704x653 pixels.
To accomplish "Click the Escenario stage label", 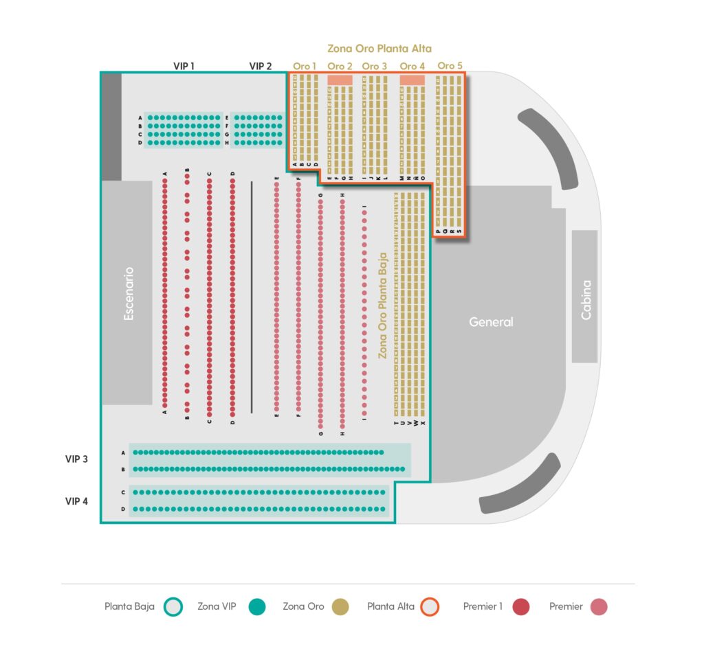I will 129,293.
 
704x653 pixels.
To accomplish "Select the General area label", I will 491,321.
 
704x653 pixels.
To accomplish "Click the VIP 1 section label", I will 184,66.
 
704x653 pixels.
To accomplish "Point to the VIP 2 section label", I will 260,66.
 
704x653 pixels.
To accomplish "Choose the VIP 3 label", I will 76,459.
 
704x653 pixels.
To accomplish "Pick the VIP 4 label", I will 76,501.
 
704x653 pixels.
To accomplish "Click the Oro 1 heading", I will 305,66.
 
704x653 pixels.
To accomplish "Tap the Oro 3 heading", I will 374,66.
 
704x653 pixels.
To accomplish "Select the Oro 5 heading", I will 450,65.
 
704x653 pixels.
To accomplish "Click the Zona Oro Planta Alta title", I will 379,49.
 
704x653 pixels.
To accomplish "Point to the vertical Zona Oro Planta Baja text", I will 383,306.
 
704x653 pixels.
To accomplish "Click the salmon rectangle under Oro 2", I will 340,80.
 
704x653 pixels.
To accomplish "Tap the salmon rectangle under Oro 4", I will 412,80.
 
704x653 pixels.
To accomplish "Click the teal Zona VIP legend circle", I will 257,606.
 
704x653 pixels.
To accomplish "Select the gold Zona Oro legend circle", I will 340,606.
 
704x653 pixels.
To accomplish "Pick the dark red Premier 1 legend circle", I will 521,606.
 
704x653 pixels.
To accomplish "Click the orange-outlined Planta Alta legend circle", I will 430,606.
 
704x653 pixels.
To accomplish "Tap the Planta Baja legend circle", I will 175,606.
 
